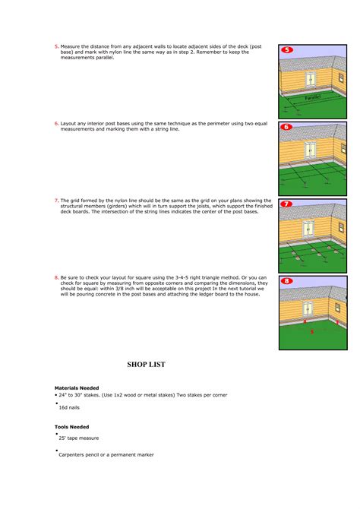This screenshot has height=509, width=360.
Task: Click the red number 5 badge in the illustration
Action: pyautogui.click(x=287, y=49)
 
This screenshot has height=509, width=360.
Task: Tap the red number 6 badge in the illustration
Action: pyautogui.click(x=287, y=127)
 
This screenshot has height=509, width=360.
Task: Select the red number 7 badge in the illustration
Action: pyautogui.click(x=287, y=204)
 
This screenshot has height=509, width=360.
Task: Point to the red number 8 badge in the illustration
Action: pyautogui.click(x=287, y=282)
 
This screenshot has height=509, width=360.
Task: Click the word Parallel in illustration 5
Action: pyautogui.click(x=312, y=98)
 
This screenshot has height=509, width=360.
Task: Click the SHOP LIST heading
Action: pyautogui.click(x=146, y=365)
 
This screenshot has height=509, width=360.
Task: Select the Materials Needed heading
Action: pyautogui.click(x=77, y=387)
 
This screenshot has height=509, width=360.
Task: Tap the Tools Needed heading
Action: pyautogui.click(x=71, y=427)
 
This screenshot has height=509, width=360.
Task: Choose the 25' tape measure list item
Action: pyautogui.click(x=78, y=438)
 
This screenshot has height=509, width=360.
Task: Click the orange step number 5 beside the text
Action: pyautogui.click(x=56, y=46)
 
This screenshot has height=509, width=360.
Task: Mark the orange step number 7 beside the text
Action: pyautogui.click(x=56, y=200)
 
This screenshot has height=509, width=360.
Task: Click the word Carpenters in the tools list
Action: pyautogui.click(x=73, y=455)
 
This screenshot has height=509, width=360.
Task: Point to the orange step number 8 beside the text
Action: pyautogui.click(x=56, y=277)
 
